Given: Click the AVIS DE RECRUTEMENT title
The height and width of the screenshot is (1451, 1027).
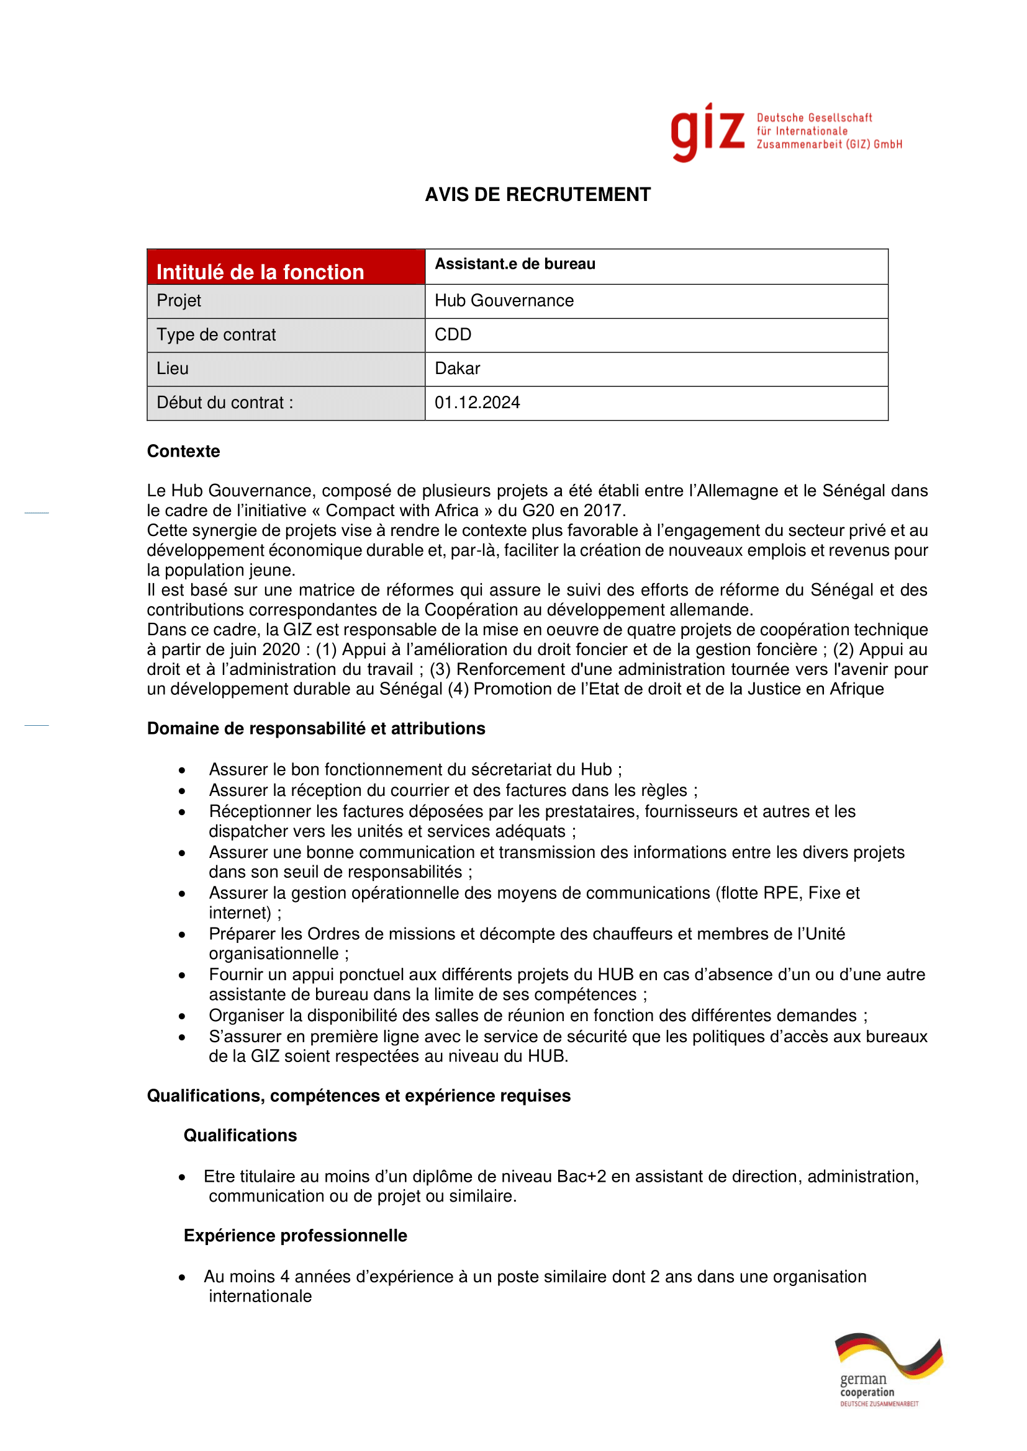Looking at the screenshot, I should point(538,195).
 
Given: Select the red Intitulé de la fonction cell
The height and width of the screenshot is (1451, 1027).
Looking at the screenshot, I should point(286,267).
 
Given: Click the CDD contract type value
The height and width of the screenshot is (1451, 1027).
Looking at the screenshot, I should point(453,335).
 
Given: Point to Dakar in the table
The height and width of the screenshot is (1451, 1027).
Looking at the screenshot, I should point(457,369).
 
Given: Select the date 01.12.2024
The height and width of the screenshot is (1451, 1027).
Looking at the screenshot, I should point(477,403).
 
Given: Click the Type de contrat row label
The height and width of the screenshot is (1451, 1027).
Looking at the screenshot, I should point(216,335).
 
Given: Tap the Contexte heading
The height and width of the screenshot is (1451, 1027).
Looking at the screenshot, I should point(183,451).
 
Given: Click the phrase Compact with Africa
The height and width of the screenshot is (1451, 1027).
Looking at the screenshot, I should point(402,511).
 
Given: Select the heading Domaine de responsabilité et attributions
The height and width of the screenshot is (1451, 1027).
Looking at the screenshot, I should point(316,729).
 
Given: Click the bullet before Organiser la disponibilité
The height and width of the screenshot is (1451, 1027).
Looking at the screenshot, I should point(182,1017).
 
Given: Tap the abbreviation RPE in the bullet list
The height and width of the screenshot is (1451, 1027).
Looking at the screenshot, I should point(783,893).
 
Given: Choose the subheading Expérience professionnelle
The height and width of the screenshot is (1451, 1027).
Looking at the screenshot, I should point(296,1236).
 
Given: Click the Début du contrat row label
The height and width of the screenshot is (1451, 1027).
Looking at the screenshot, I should point(225,403).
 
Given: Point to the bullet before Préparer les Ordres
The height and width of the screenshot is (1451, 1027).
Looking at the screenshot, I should point(182,935).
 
